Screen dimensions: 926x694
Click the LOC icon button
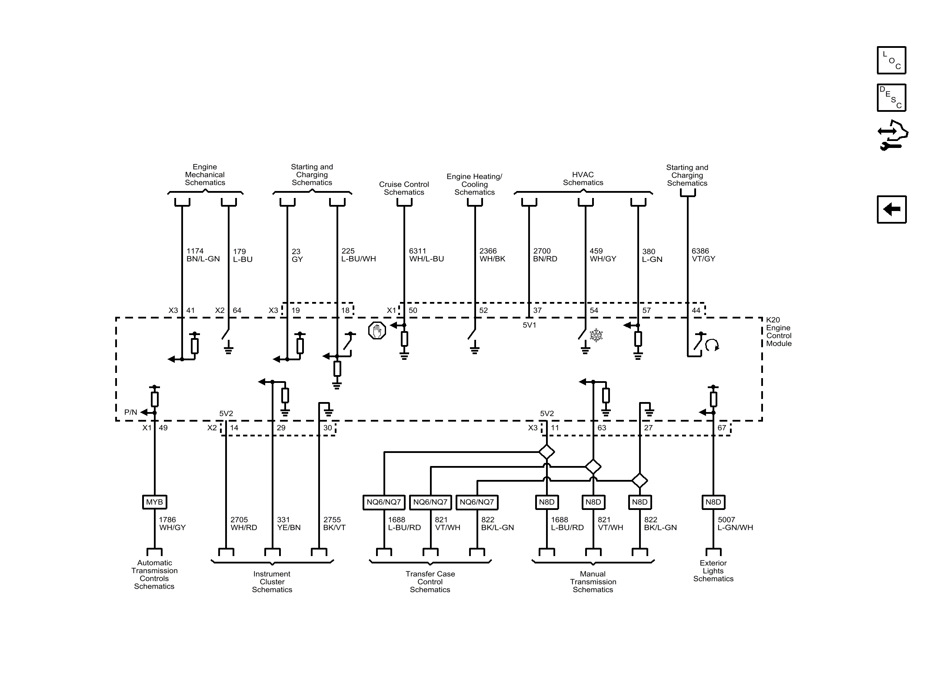(x=891, y=60)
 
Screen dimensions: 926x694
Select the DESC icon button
(x=891, y=97)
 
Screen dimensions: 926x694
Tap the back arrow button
(x=891, y=209)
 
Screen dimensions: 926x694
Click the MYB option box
(x=154, y=502)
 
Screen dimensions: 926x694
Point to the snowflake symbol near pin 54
(x=596, y=335)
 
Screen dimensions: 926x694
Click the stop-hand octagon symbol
(x=376, y=331)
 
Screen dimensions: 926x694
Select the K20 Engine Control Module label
(x=779, y=332)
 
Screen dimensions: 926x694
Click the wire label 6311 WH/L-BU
(x=426, y=255)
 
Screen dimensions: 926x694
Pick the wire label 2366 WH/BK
(x=492, y=255)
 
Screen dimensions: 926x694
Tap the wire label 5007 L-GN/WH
(x=735, y=523)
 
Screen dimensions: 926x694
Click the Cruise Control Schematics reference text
(x=404, y=188)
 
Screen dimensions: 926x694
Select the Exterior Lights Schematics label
(x=713, y=571)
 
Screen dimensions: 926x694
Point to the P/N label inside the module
(x=130, y=412)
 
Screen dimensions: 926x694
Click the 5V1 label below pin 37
(x=529, y=325)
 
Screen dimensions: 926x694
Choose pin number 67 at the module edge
(x=722, y=428)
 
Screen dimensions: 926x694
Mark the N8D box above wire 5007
(x=713, y=502)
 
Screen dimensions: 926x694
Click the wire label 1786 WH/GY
(x=172, y=523)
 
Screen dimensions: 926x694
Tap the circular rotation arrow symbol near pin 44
(x=712, y=345)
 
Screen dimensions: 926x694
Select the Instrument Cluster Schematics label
(x=272, y=582)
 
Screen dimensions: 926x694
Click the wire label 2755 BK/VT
(x=334, y=523)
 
